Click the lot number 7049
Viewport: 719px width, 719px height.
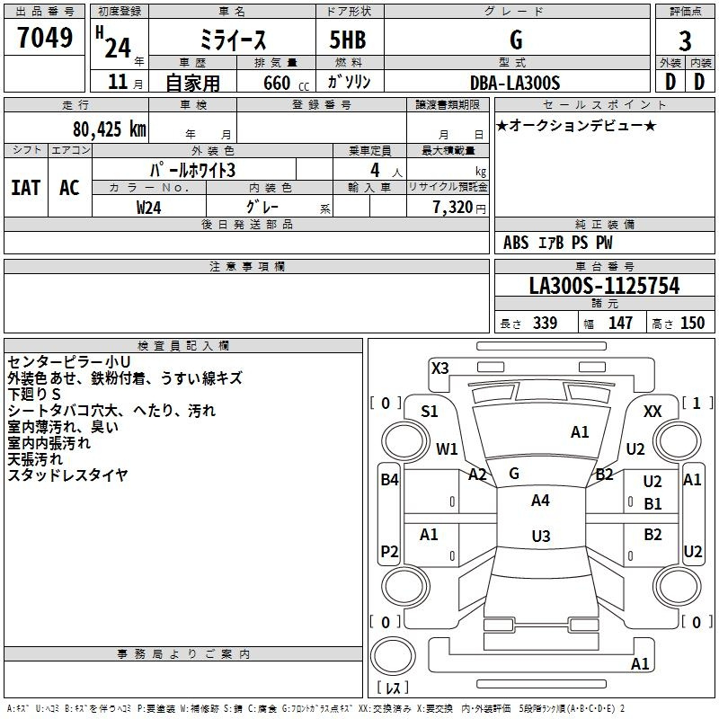[x=45, y=38]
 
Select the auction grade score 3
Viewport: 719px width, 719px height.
[x=685, y=41]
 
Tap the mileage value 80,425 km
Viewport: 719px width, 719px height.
[x=109, y=129]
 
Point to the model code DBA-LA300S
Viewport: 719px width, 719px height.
[x=515, y=83]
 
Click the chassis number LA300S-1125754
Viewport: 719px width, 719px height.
[x=604, y=286]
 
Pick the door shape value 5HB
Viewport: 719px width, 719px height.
[x=348, y=40]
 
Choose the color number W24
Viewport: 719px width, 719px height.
[x=148, y=208]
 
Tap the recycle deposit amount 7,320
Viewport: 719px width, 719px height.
[x=453, y=207]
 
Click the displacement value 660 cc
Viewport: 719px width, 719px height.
[x=286, y=84]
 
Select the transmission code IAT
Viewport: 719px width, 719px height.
[x=26, y=188]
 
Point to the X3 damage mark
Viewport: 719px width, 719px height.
[x=439, y=368]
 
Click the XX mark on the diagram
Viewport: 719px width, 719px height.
[x=652, y=412]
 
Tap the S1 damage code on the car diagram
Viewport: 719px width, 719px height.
[x=430, y=412]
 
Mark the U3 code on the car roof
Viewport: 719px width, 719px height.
[x=541, y=536]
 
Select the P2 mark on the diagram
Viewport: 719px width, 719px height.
[x=389, y=551]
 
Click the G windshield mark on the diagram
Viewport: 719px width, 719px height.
[x=514, y=474]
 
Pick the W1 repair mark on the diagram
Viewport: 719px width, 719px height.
[x=447, y=448]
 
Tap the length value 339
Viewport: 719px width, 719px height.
[x=545, y=323]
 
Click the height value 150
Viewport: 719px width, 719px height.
[x=692, y=323]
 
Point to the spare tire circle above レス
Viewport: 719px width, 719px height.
[x=393, y=656]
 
